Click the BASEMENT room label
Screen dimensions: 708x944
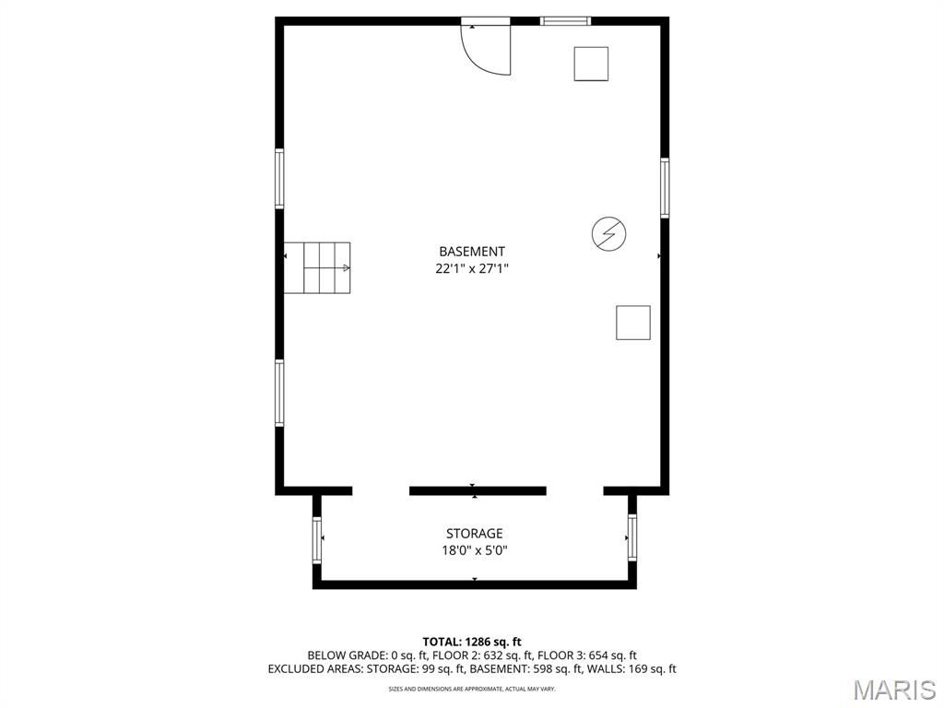click(472, 252)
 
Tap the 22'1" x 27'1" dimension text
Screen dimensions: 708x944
click(472, 269)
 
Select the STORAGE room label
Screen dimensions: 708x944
click(475, 534)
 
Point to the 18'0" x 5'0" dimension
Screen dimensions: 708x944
click(475, 551)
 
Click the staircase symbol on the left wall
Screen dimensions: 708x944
click(317, 268)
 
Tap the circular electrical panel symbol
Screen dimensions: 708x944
click(608, 234)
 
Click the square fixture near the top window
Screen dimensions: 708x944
click(591, 64)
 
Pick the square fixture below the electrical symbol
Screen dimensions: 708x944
click(633, 323)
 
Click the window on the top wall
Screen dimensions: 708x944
click(565, 20)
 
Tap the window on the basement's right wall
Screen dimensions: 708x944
click(665, 188)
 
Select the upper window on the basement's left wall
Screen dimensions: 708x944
click(279, 179)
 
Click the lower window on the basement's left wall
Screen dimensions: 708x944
click(279, 393)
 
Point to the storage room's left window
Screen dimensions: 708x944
click(317, 539)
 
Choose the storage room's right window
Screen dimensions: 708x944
click(632, 537)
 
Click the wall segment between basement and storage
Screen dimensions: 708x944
click(478, 491)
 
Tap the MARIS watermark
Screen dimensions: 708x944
click(893, 690)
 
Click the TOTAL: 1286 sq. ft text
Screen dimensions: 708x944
click(472, 642)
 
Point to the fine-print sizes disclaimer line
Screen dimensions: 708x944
click(472, 689)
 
